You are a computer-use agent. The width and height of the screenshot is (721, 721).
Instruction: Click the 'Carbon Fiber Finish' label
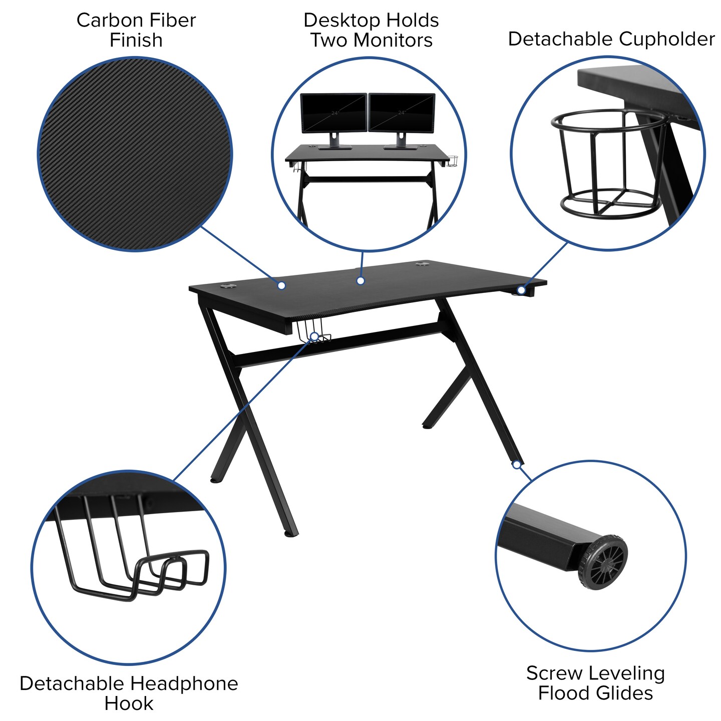136,30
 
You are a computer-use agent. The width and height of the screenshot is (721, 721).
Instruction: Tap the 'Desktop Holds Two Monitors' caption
371,30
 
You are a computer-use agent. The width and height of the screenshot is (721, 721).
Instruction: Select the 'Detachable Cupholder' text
611,39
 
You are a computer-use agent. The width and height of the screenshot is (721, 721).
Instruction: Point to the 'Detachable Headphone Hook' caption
129,693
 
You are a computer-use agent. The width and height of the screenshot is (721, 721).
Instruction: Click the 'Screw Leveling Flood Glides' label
595,683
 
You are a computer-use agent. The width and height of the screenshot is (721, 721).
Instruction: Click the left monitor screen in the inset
333,113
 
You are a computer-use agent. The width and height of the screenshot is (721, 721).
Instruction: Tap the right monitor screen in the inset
402,113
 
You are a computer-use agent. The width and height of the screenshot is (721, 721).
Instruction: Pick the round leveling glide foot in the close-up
603,562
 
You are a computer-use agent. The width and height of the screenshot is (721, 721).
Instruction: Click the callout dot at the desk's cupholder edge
521,290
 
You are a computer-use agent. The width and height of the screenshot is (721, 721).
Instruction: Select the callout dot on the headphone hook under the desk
314,336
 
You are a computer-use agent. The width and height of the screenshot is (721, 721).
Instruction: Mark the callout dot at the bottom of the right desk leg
516,465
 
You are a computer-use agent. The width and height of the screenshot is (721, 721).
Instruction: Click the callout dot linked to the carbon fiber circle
281,285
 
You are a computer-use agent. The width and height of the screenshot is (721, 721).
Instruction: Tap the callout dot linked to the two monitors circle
360,281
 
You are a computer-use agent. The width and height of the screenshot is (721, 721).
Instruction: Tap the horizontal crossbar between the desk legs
340,343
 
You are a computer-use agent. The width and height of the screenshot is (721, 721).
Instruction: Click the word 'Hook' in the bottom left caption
129,703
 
